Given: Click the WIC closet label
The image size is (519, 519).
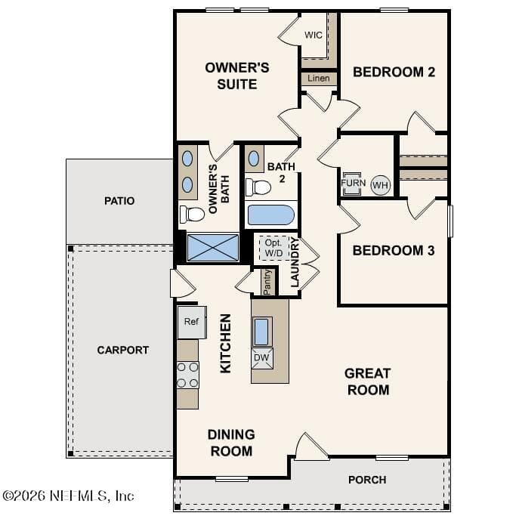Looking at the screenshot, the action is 313,35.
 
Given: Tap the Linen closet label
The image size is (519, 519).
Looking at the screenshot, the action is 318,78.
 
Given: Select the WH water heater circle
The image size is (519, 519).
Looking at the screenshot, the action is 380,185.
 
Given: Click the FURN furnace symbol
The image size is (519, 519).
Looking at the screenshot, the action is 353,184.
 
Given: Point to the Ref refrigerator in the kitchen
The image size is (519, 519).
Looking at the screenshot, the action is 192,323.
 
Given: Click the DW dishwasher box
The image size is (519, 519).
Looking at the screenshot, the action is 262,358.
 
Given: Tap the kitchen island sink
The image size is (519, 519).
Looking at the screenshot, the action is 262,332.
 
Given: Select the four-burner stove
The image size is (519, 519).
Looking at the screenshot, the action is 187,375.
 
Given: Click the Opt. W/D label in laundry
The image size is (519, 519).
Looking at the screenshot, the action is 273,248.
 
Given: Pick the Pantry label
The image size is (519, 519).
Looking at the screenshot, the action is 267,282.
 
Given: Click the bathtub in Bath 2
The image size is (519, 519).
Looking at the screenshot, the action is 271,215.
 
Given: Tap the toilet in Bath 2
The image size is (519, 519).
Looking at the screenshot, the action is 258,187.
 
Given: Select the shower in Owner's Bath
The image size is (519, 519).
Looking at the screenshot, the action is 212,248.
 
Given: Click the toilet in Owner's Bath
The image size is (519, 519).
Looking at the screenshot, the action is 192,215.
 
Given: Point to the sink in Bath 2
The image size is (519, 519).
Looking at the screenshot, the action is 254,159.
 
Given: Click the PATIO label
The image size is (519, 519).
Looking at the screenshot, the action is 119,201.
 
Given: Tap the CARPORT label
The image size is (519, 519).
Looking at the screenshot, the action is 123,351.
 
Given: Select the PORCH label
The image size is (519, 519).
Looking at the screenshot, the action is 367,480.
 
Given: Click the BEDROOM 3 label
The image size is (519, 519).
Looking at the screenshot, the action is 394,251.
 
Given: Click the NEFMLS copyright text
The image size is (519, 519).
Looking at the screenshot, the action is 68,496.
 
